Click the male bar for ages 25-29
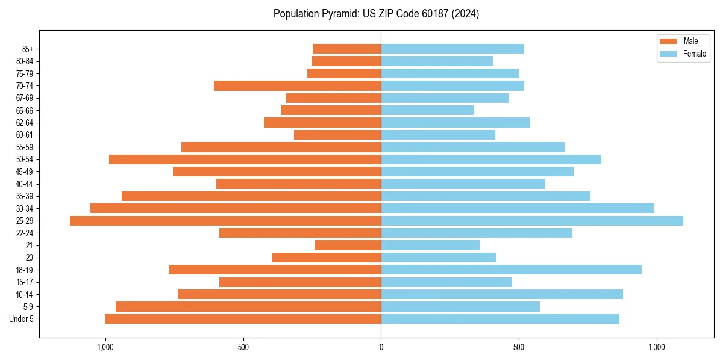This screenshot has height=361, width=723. [225, 221]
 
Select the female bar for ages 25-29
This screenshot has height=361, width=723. [532, 221]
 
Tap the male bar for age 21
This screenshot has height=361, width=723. [348, 245]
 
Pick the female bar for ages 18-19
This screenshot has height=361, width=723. [511, 270]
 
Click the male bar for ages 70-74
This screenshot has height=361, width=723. [297, 86]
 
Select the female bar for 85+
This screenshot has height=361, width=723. [452, 49]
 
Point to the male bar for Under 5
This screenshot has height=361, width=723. [243, 319]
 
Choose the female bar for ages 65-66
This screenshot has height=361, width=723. [427, 110]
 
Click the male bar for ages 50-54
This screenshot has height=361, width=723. [245, 159]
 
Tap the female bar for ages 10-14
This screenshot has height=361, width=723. [502, 294]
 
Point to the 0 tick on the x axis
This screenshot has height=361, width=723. [381, 347]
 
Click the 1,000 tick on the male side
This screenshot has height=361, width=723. [105, 347]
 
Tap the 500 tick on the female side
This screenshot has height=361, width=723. [519, 347]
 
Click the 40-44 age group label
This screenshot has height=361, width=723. [25, 184]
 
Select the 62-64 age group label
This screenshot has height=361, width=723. [25, 123]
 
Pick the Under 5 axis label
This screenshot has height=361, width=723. [21, 319]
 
